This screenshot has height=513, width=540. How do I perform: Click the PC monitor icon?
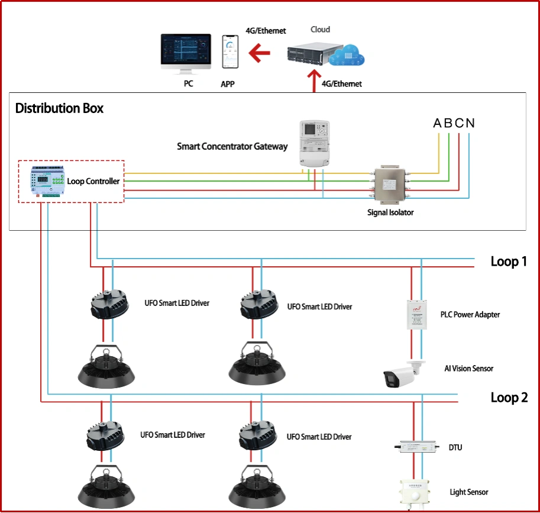186,54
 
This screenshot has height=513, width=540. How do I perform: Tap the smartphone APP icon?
228,53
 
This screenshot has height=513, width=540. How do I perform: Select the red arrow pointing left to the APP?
258,54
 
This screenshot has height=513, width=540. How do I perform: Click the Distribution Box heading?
59,108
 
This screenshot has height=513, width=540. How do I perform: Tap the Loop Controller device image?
48,182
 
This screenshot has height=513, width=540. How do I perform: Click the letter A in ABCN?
438,123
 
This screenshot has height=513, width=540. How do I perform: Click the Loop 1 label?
508,262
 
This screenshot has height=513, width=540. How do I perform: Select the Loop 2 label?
509,398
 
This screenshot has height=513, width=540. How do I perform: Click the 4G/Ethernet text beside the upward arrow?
341,84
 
